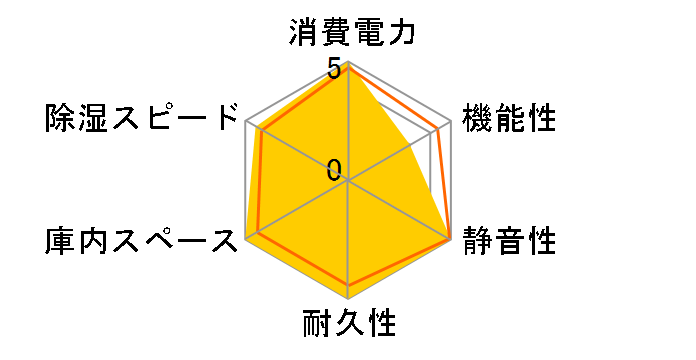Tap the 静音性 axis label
[x=508, y=241]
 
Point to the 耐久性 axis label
[x=349, y=324]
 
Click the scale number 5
[x=333, y=68]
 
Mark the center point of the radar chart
[x=348, y=181]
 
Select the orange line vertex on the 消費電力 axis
[x=348, y=71]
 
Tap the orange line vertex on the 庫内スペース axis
[x=259, y=232]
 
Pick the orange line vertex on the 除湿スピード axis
[x=260, y=130]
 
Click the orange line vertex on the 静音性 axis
[x=450, y=239]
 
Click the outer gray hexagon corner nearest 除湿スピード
[x=245, y=122]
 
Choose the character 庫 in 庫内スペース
[x=59, y=241]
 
